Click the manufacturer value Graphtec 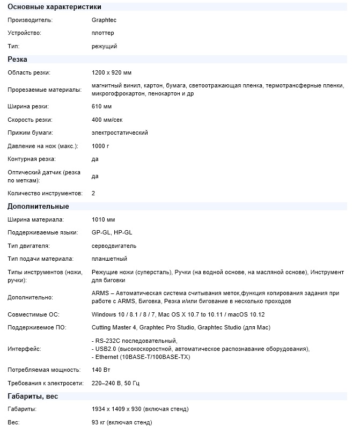(x=104, y=20)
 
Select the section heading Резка (x=17, y=60)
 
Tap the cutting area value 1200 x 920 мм (x=112, y=72)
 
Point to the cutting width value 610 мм (x=102, y=107)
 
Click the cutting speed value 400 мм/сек (x=107, y=120)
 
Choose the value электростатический (x=120, y=133)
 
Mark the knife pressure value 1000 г (x=101, y=146)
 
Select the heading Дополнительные (x=38, y=207)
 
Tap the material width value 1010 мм (x=104, y=219)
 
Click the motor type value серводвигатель (x=114, y=246)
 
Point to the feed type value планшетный (x=109, y=259)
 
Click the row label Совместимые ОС (x=33, y=314)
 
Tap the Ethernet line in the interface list (x=141, y=357)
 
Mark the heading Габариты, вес (x=33, y=396)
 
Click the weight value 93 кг (x=99, y=422)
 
